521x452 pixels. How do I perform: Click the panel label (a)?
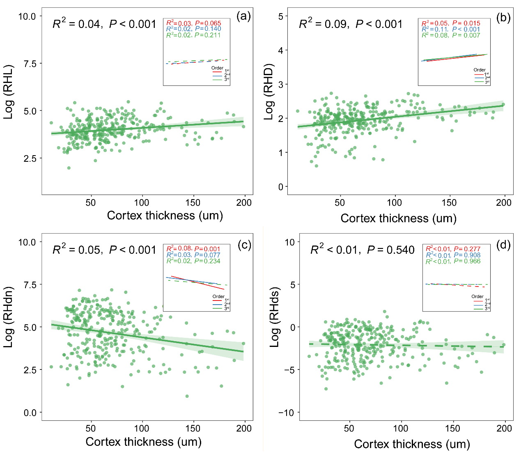click(x=243, y=16)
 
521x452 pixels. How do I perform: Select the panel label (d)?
click(x=503, y=245)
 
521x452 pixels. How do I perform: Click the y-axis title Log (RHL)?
click(x=9, y=92)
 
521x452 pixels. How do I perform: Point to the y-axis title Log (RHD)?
click(x=269, y=92)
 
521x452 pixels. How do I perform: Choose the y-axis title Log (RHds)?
click(x=274, y=317)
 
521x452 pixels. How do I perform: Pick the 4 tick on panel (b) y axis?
click(x=280, y=50)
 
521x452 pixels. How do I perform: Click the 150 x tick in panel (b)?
click(x=449, y=203)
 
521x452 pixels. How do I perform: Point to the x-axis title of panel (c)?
click(x=143, y=442)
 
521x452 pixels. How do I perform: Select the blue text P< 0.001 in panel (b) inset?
click(x=466, y=30)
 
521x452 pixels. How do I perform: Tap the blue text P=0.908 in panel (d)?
click(x=467, y=255)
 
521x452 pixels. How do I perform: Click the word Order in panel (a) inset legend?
click(x=217, y=68)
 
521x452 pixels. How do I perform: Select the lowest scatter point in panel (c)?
click(x=187, y=396)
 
